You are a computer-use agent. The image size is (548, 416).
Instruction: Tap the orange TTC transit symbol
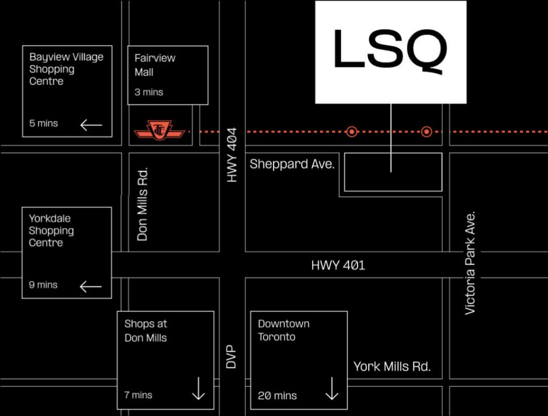click(159, 130)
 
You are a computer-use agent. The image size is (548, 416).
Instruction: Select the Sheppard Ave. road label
click(292, 164)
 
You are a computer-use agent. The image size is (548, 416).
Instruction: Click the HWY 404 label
click(232, 162)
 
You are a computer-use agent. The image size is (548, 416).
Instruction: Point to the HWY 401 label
click(338, 265)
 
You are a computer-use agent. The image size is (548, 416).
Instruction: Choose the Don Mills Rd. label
click(142, 205)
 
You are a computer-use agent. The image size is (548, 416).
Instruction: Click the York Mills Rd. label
click(392, 367)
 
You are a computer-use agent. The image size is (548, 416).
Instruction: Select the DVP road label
click(231, 356)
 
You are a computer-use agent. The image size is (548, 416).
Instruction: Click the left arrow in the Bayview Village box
click(91, 125)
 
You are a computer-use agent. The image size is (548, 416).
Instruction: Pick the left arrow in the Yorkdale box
click(90, 287)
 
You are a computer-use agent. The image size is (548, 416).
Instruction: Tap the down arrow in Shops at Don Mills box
click(199, 389)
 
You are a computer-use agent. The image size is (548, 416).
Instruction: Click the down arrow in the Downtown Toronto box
click(332, 389)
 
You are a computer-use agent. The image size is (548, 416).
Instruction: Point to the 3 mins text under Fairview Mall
click(149, 92)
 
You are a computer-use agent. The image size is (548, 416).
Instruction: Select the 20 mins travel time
click(277, 396)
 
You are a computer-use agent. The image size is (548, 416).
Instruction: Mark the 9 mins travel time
click(43, 284)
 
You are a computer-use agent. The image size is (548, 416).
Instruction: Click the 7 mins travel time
click(138, 395)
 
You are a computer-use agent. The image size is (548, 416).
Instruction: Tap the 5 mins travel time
click(43, 124)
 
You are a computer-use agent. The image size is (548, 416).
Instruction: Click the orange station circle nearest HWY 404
click(352, 132)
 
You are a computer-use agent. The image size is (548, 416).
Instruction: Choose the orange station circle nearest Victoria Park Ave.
click(427, 132)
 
